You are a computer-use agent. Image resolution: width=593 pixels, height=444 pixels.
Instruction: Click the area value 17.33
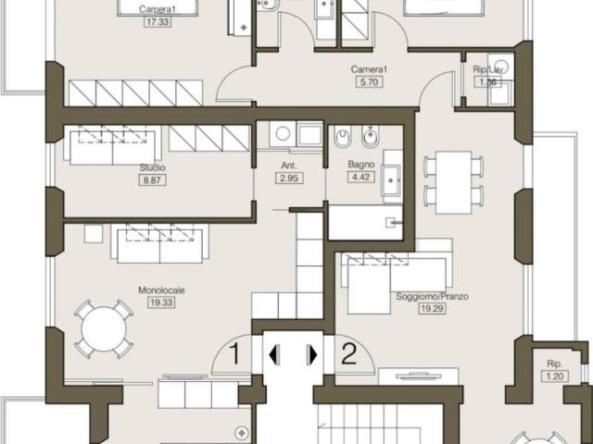tap(158, 21)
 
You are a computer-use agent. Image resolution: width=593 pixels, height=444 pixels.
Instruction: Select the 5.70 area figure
tap(369, 81)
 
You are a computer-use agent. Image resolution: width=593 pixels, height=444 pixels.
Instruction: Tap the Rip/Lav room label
tap(487, 69)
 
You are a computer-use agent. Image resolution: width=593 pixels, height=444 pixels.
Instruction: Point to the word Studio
tap(152, 167)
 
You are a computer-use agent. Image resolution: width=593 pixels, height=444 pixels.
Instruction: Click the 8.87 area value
tap(152, 180)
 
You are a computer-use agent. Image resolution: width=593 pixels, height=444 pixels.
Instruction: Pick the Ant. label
tap(289, 166)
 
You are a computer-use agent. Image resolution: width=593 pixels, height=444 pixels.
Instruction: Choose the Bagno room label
tap(361, 165)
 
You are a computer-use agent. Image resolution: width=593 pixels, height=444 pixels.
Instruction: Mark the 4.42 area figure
tap(360, 177)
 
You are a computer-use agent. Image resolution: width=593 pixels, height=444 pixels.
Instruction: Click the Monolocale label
tap(161, 290)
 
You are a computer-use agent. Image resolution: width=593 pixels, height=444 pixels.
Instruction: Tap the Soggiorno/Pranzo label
tap(433, 296)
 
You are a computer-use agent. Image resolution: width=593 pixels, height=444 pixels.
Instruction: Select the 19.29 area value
tap(433, 308)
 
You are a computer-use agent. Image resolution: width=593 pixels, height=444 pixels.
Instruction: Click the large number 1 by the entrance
tap(234, 353)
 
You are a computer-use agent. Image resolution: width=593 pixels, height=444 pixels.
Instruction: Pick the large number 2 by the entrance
tap(348, 353)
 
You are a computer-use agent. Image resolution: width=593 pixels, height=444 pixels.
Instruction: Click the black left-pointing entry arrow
tap(274, 355)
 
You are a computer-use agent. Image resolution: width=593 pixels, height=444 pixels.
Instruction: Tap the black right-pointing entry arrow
tap(312, 355)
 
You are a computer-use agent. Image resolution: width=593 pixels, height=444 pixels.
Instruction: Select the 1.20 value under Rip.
tap(555, 376)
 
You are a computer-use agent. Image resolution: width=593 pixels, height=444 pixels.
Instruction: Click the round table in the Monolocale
tap(104, 329)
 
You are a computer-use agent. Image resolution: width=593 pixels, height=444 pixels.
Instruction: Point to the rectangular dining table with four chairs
tap(453, 182)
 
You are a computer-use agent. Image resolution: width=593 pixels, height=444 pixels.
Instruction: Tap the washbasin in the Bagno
tap(391, 180)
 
